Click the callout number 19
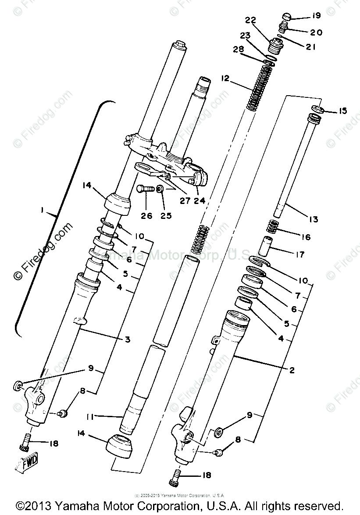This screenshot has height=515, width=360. click(316, 16)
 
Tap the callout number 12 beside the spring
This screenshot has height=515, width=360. click(225, 79)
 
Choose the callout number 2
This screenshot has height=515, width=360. click(292, 370)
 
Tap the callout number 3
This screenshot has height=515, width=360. click(127, 339)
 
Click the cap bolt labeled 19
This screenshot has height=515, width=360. click(286, 18)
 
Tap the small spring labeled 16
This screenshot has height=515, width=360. click(274, 228)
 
